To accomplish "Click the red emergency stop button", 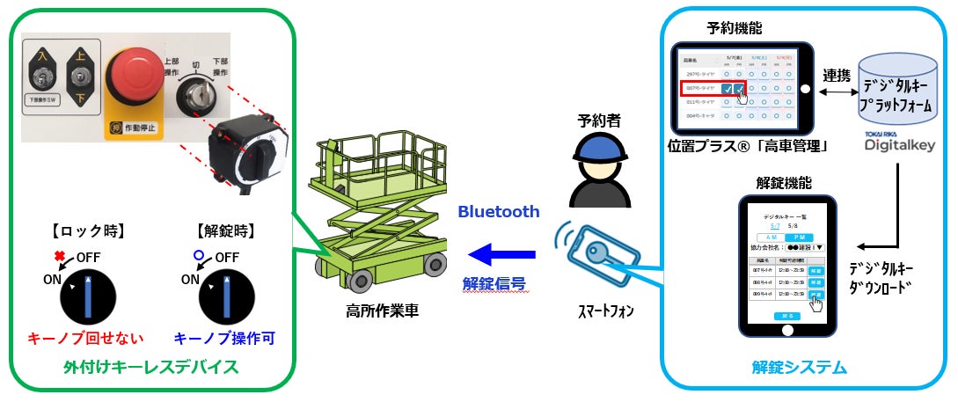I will [x=134, y=75].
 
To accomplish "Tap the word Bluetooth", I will [x=498, y=212].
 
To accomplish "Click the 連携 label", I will [x=836, y=76].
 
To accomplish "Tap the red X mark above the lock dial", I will [x=61, y=256].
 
